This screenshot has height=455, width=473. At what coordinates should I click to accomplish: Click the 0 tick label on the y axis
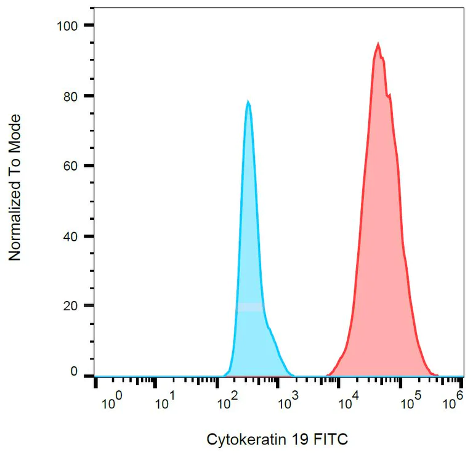pyautogui.click(x=74, y=372)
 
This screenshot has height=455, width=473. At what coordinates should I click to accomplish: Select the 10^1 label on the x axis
pyautogui.click(x=166, y=403)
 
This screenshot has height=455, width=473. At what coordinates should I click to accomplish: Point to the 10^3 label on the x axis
pyautogui.click(x=288, y=403)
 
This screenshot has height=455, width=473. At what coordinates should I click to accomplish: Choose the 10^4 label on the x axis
pyautogui.click(x=350, y=403)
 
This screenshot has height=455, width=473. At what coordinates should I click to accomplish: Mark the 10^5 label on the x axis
pyautogui.click(x=411, y=403)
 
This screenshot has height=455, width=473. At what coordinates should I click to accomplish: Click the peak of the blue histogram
pyautogui.click(x=248, y=102)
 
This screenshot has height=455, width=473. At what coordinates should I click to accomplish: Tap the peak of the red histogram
pyautogui.click(x=378, y=44)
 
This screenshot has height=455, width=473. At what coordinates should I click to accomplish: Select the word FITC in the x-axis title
pyautogui.click(x=331, y=440)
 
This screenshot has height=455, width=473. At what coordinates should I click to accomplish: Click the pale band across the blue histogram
pyautogui.click(x=250, y=307)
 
